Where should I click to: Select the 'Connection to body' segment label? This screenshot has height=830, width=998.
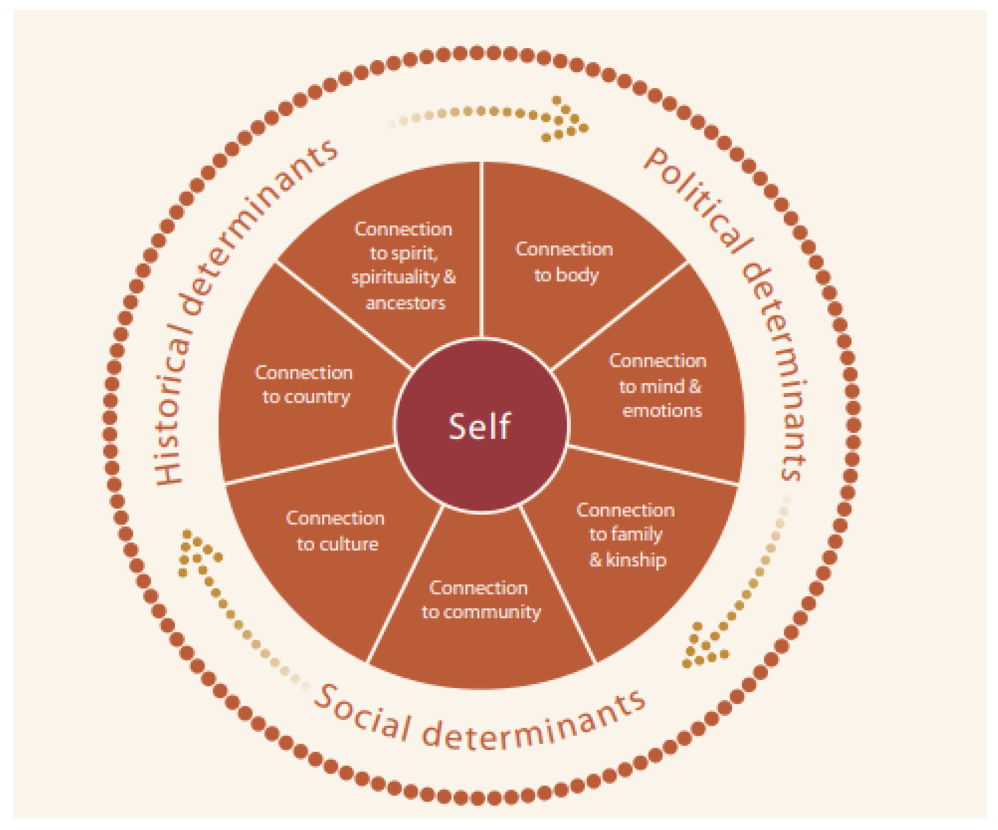tap(564, 262)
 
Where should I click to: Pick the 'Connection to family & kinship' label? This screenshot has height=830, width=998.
tap(626, 534)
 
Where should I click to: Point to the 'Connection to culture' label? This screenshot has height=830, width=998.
tap(337, 531)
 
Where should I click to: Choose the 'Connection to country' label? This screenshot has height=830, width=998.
tap(304, 385)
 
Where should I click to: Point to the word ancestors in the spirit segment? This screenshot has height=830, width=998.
tap(406, 303)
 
